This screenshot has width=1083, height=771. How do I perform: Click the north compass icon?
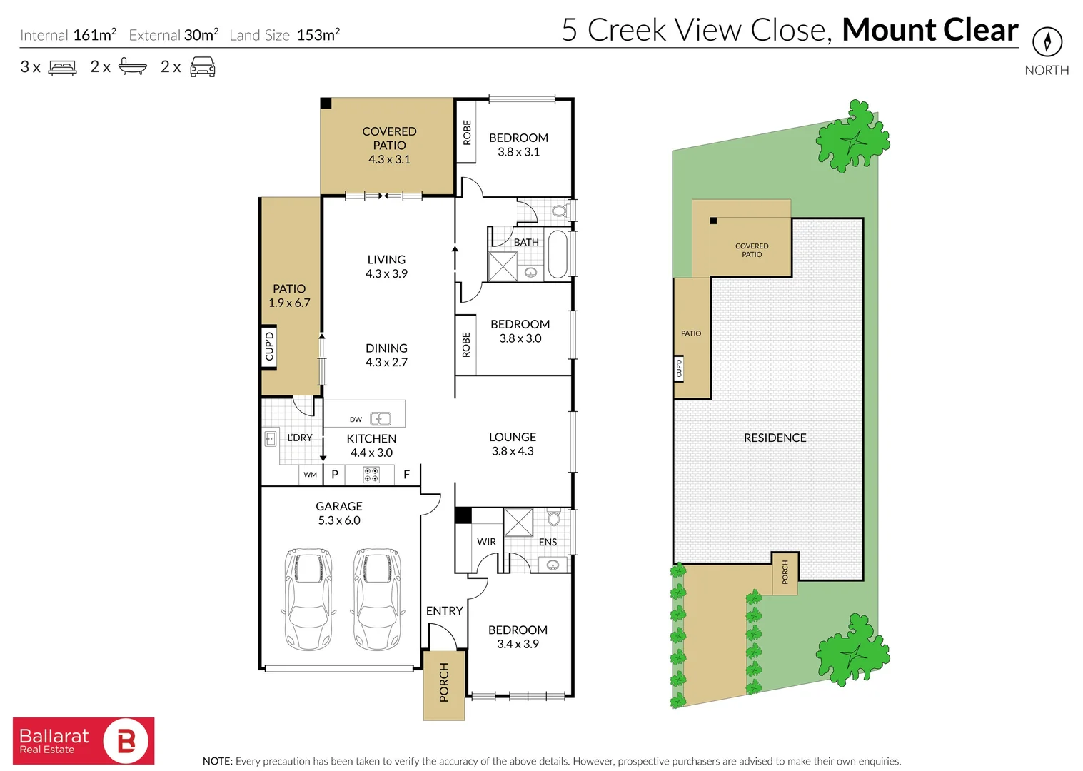1047,42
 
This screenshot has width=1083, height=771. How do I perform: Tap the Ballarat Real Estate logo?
84,740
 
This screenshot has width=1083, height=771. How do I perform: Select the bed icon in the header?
62,68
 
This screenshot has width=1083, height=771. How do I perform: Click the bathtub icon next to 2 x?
132,67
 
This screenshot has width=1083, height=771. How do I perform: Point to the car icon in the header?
203,67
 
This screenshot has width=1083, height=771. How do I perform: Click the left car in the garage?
308,598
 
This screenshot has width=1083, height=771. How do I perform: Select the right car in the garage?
376,598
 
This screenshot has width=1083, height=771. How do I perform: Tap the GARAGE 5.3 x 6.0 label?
339,513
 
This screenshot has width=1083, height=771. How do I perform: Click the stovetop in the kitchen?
371,475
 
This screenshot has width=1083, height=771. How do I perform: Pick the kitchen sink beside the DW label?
381,419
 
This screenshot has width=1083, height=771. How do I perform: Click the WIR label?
486,542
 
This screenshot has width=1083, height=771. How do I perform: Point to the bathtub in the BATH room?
557,255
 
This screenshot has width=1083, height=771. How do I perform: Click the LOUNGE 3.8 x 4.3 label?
513,444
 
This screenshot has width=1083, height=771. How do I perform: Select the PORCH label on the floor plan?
444,682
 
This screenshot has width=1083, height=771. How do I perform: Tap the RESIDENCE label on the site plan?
775,438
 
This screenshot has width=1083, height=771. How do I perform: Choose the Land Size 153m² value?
318,35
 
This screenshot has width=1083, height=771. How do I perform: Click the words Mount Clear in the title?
930,30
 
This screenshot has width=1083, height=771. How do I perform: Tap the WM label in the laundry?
310,475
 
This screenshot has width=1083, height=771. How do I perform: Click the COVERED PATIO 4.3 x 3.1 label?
389,145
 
